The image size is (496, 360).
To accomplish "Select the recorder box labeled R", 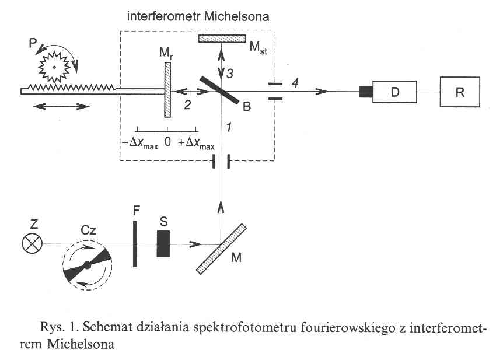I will click(x=460, y=90).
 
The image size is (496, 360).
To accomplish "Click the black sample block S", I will click(x=163, y=243).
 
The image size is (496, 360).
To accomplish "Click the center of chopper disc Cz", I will click(x=87, y=265).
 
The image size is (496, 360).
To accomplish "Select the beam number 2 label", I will click(x=188, y=104).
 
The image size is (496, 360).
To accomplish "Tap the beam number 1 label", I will click(x=229, y=127).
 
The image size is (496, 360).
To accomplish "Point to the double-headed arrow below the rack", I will click(x=61, y=106).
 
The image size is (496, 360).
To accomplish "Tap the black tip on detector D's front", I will click(x=366, y=90).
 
